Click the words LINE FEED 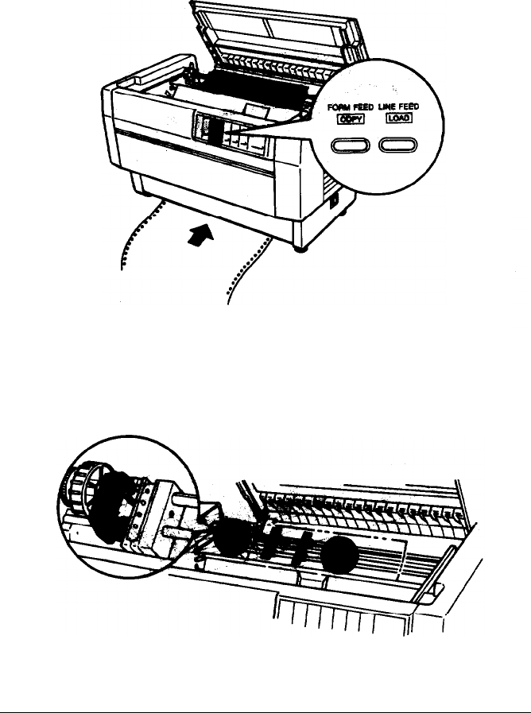click(x=400, y=106)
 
